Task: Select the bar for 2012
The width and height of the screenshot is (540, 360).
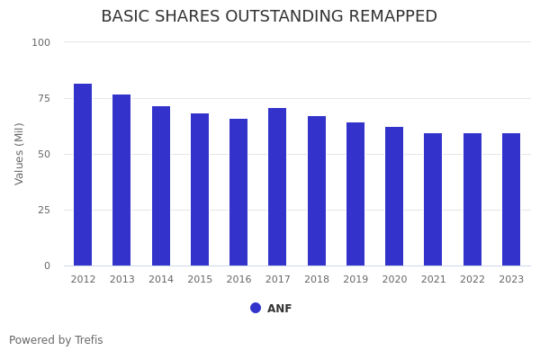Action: point(83,175)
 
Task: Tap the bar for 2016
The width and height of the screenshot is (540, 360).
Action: point(238,193)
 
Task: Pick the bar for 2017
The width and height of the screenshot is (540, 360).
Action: point(277,187)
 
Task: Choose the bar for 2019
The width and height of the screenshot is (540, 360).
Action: point(355,194)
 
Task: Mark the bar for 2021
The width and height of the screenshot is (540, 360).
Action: point(433,200)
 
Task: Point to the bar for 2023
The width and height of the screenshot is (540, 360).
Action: point(511,200)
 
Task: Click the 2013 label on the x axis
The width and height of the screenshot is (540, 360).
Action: point(122,280)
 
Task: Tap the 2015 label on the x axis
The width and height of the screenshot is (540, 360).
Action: point(200,280)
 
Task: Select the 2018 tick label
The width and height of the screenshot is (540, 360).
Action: point(317,280)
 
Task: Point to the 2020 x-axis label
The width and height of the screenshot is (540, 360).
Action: point(394,280)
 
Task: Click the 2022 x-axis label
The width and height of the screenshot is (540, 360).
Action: point(472,280)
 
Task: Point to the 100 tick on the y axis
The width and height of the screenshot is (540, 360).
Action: point(41,42)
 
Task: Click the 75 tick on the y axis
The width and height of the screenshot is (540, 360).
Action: point(44,98)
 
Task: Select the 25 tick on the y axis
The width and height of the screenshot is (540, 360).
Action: point(44,210)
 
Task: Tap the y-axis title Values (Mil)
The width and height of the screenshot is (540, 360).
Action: point(20,153)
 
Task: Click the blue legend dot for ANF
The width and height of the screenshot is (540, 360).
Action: point(256,308)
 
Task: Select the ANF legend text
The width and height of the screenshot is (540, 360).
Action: point(280,309)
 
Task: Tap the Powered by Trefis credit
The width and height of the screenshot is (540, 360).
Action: point(56,340)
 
